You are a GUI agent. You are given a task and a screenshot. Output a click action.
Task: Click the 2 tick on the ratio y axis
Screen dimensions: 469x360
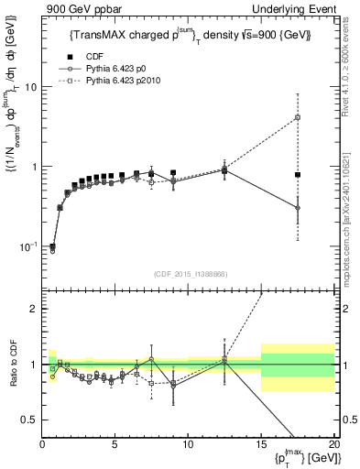pos(33,309)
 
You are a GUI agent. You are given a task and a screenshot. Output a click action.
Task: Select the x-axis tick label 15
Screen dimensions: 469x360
pos(261,446)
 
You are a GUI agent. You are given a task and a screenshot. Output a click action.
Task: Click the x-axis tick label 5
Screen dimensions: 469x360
pos(115,446)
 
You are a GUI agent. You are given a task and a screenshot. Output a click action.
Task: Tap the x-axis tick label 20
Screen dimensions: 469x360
pos(333,446)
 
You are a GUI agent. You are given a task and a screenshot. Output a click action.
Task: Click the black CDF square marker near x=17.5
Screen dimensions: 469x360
pos(298,174)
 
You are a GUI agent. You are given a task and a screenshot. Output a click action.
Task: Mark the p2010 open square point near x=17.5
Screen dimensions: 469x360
pos(298,117)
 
